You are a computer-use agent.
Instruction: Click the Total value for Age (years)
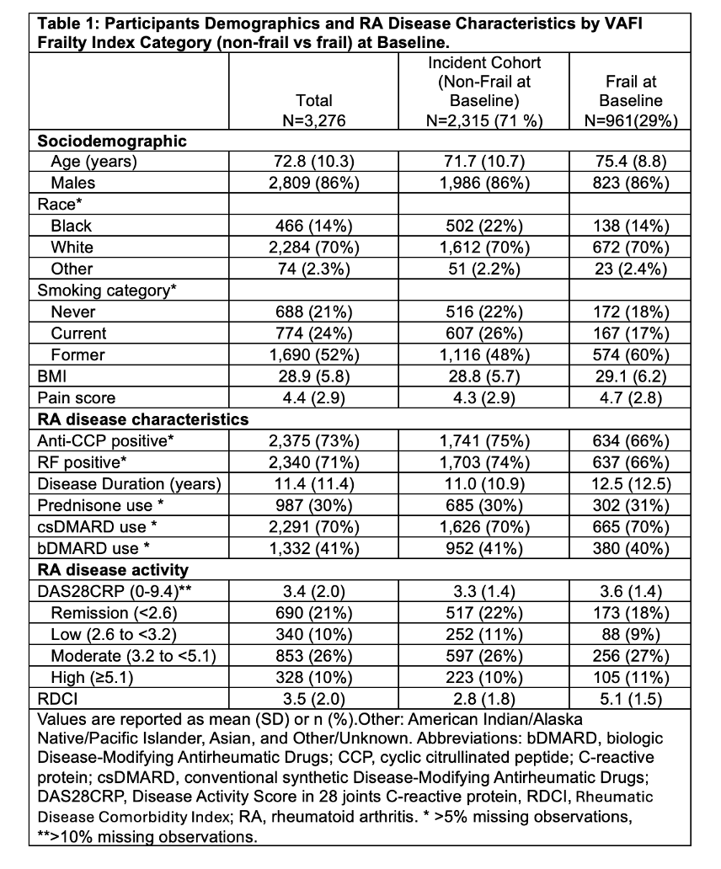[314, 160]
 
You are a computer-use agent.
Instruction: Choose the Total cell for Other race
[314, 269]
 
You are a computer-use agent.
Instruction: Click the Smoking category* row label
[95, 291]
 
